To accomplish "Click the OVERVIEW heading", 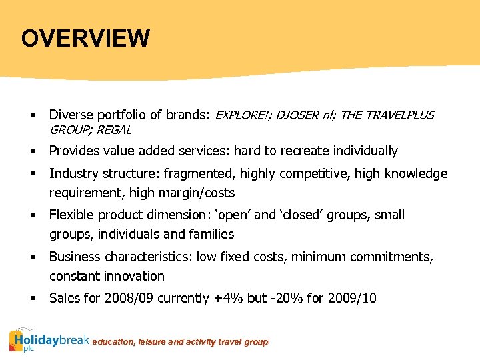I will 85,38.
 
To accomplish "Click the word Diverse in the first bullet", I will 70,115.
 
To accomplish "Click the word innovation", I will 133,276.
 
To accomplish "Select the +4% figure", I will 229,298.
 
